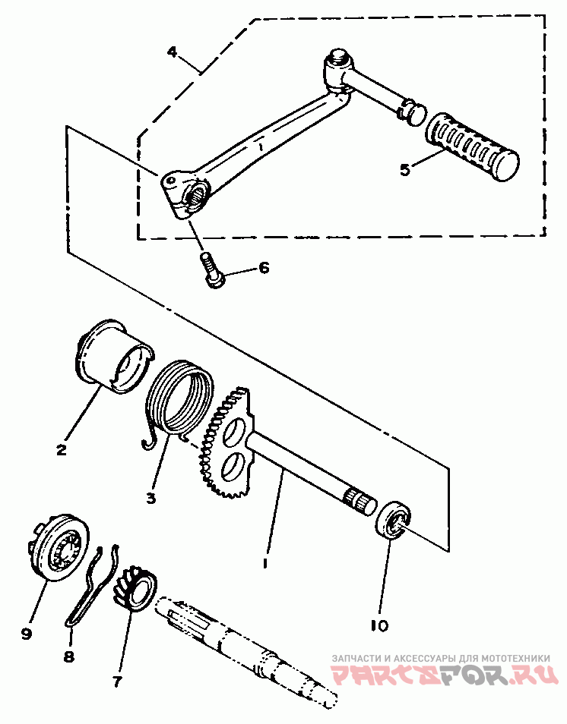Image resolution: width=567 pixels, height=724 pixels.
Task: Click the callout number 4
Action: click(173, 52)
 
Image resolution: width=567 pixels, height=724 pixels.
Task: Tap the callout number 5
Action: click(404, 169)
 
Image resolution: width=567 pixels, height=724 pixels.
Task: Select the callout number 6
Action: click(263, 268)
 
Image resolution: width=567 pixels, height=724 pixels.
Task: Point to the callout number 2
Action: click(61, 449)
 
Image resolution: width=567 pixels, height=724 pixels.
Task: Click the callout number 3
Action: click(150, 498)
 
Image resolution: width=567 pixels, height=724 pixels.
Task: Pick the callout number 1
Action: click(264, 563)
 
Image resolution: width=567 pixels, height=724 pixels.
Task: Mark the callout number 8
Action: click(69, 657)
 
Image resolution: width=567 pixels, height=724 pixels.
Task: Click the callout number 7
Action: click(117, 681)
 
